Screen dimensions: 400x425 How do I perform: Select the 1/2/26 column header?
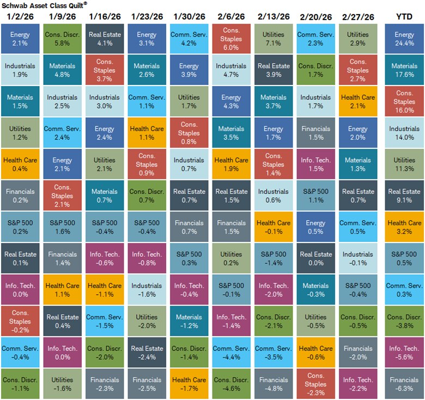[20, 17]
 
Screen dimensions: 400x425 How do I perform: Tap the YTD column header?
[404, 17]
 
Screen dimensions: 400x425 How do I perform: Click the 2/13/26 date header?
[273, 17]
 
